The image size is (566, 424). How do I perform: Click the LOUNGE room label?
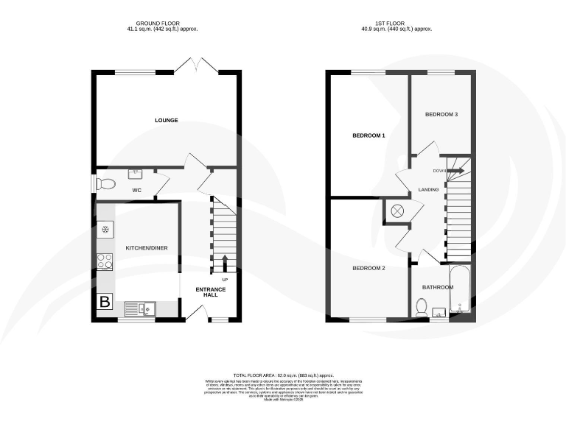166,120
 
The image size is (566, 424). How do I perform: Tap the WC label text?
136,191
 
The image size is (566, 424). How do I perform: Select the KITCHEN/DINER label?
146,248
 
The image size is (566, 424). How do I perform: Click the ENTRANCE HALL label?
210,293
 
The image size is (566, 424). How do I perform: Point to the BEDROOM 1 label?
368,136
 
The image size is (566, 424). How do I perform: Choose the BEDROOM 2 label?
368,268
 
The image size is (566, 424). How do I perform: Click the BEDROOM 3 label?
441,115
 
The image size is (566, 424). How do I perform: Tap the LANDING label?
428,190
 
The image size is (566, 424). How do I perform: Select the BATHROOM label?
437,287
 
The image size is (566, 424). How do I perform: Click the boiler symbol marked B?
105,302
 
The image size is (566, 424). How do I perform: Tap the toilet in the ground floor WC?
106,183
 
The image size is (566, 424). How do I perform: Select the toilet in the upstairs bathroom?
422,307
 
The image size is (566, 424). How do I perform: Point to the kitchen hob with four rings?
105,261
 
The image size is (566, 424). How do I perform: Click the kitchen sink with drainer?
140,308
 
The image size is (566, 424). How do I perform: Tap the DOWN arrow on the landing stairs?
451,171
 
